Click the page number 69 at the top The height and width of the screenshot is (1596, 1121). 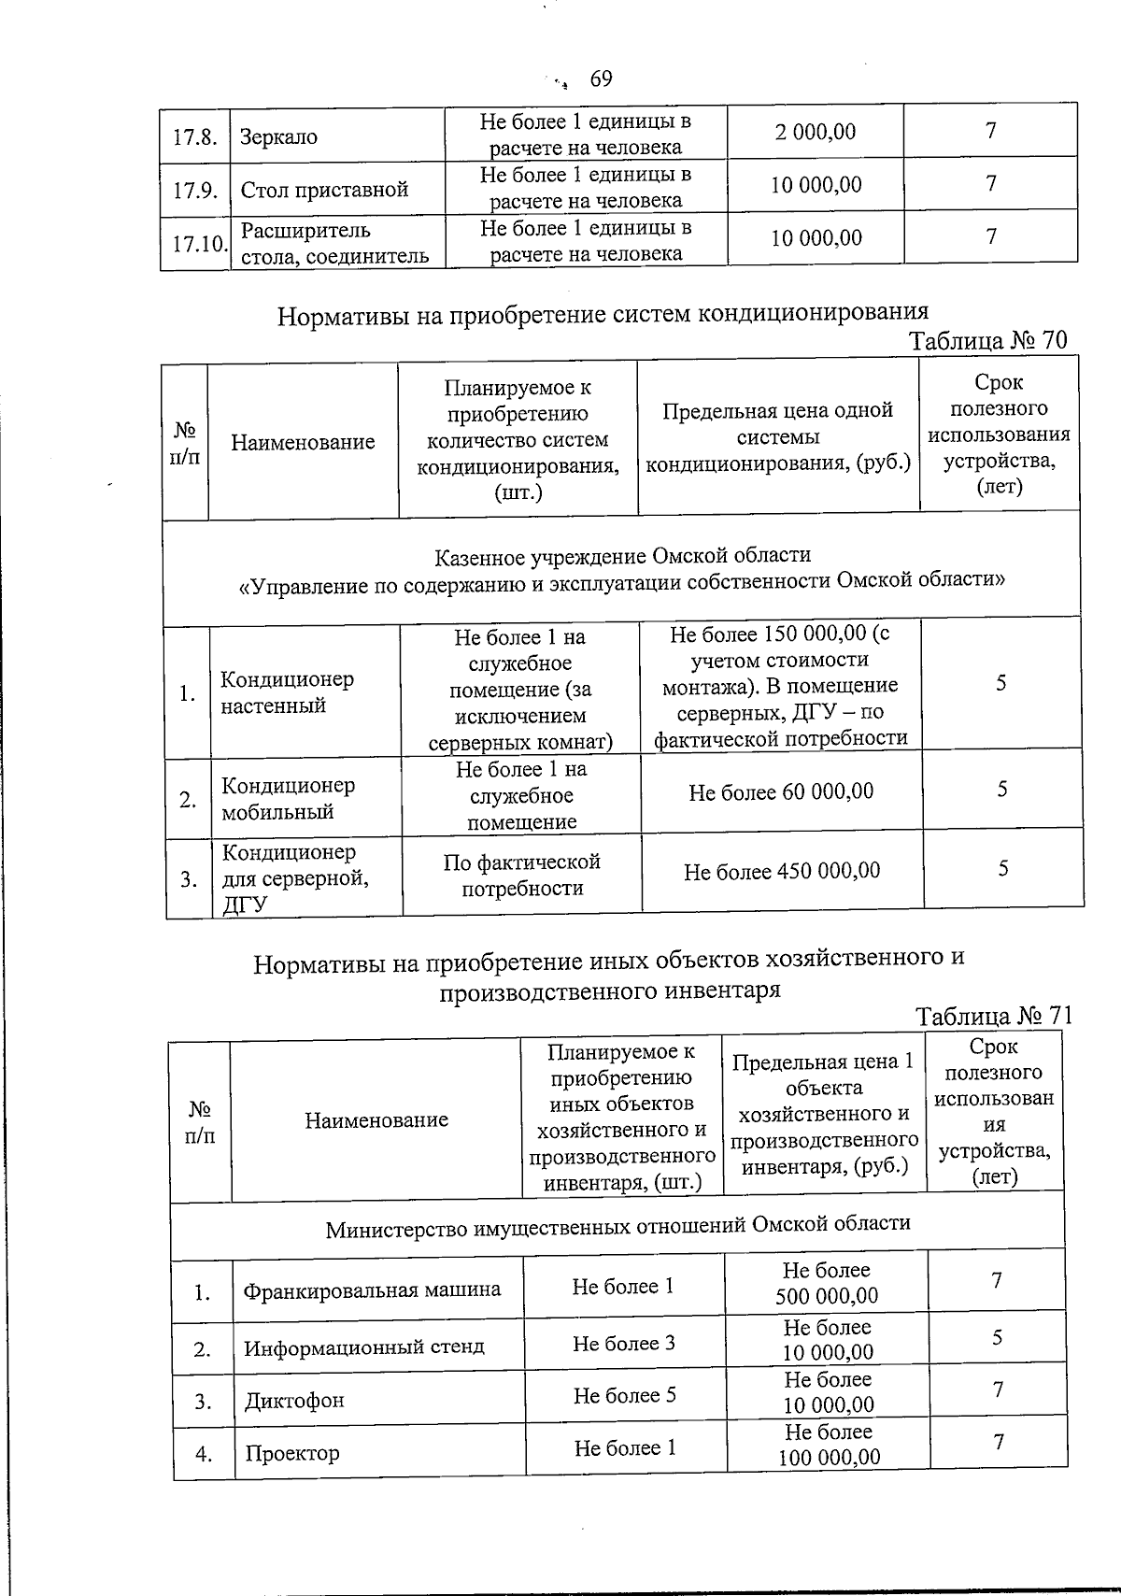click(x=602, y=79)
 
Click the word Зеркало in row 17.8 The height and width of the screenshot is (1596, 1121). click(x=278, y=136)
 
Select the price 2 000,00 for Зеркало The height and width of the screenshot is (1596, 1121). click(x=815, y=132)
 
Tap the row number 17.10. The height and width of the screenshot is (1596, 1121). click(x=199, y=244)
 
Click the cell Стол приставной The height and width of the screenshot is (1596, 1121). click(x=324, y=190)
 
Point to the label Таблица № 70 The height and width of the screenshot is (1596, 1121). click(x=988, y=340)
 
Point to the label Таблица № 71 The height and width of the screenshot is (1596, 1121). click(x=993, y=1016)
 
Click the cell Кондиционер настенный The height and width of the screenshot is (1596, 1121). click(x=287, y=692)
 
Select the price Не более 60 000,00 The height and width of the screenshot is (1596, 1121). click(x=781, y=792)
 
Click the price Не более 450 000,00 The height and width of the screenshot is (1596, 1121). click(x=781, y=872)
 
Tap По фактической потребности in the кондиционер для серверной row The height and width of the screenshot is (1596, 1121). click(x=521, y=875)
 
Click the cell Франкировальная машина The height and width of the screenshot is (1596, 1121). click(x=372, y=1290)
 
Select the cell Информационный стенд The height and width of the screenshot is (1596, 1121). click(x=364, y=1347)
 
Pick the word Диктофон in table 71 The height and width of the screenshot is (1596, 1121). click(x=294, y=1401)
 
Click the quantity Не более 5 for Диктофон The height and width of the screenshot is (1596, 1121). click(x=624, y=1395)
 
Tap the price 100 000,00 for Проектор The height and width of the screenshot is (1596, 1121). click(x=829, y=1457)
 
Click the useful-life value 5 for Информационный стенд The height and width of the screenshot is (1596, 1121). click(x=997, y=1338)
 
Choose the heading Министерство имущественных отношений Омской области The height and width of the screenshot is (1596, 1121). click(x=617, y=1225)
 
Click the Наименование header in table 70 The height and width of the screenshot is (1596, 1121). click(x=303, y=442)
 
